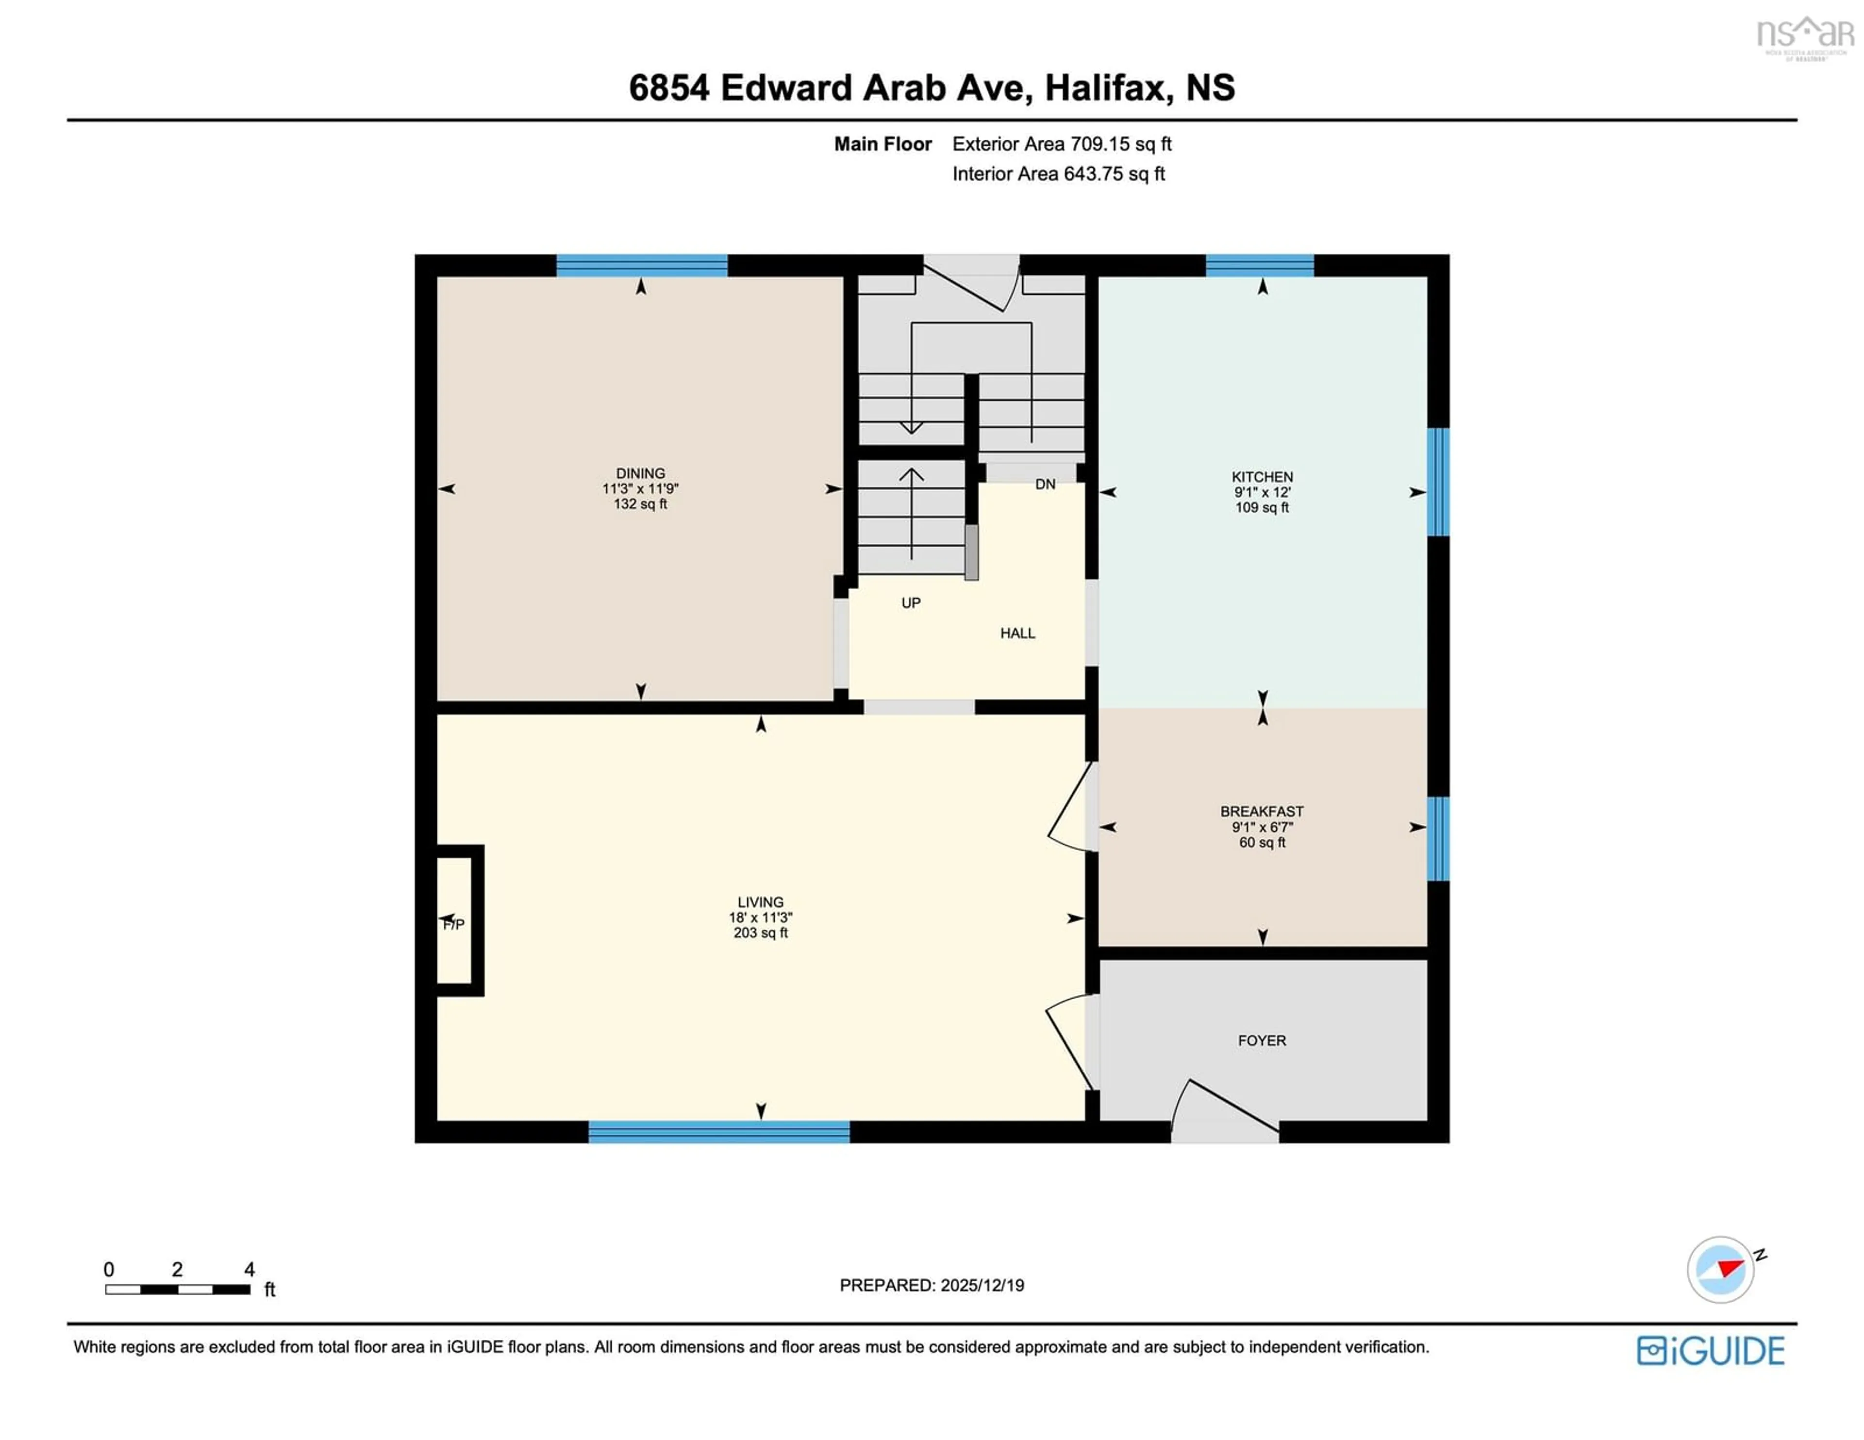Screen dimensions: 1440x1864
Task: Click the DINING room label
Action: click(x=640, y=473)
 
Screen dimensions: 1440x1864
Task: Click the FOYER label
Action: click(x=1262, y=1040)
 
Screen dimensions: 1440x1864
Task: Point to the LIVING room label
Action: click(x=760, y=902)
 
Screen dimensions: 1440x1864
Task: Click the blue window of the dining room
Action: click(x=642, y=266)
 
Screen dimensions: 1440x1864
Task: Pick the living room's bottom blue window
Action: click(x=718, y=1132)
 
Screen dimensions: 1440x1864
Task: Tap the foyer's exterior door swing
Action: click(x=1225, y=1110)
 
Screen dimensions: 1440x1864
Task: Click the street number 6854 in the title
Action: click(x=668, y=88)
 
